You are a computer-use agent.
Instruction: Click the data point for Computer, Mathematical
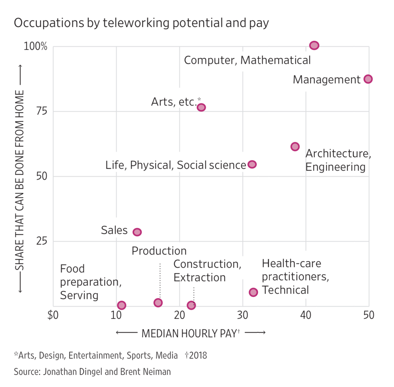[314, 45]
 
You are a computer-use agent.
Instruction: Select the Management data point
[368, 79]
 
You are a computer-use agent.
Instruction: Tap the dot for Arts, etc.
[201, 107]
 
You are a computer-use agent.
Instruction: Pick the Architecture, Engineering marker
[295, 147]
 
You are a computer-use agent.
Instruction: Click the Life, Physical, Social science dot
[252, 164]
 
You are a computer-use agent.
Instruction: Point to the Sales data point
[137, 232]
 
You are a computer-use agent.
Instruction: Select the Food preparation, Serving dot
[122, 305]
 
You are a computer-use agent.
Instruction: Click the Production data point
[158, 302]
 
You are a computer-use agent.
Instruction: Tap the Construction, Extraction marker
[191, 305]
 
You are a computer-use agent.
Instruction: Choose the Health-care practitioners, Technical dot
[253, 292]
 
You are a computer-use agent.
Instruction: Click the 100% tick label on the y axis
[35, 46]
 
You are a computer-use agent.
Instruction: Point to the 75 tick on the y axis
[42, 111]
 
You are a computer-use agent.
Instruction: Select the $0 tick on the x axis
[53, 315]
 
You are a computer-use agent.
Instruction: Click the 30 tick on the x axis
[242, 315]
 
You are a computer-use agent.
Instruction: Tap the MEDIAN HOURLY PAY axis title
[191, 333]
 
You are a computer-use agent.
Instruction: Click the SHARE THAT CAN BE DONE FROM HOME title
[20, 180]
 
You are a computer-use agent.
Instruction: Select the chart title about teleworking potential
[141, 23]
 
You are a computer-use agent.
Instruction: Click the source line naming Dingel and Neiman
[92, 372]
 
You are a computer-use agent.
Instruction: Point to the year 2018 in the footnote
[198, 355]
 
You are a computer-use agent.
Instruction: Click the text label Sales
[114, 230]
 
